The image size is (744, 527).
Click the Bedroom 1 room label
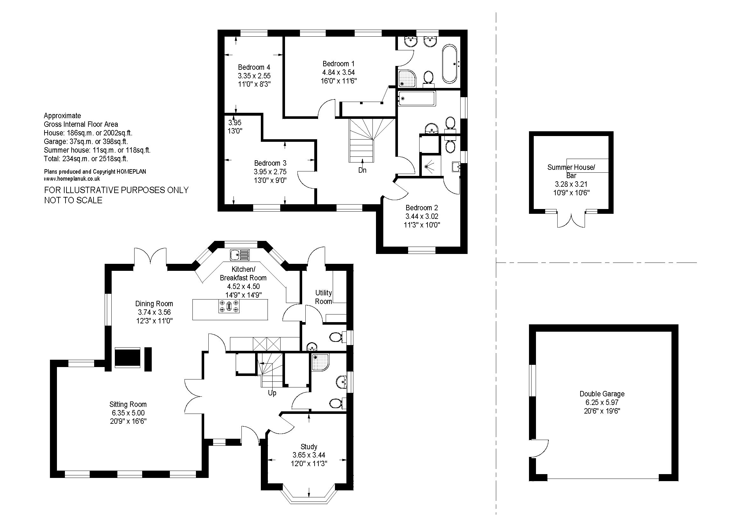(336, 64)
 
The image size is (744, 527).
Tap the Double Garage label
(602, 394)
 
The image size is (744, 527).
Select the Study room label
(309, 446)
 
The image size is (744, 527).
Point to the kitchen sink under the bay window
(240, 255)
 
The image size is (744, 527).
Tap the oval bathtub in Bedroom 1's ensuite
(449, 64)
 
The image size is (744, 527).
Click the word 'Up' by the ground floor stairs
(272, 393)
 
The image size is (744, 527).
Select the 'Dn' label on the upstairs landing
(362, 170)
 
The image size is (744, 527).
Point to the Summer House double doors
(571, 220)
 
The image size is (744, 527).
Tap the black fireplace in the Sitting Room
(128, 357)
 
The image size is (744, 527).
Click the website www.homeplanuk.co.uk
(72, 178)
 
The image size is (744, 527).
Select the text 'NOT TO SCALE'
(73, 200)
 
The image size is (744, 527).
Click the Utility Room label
(324, 297)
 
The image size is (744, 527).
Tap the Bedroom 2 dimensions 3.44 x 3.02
(422, 216)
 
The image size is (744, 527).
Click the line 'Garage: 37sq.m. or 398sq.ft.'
(86, 141)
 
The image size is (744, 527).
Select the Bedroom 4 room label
(254, 67)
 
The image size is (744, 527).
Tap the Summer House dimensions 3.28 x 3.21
(571, 184)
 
